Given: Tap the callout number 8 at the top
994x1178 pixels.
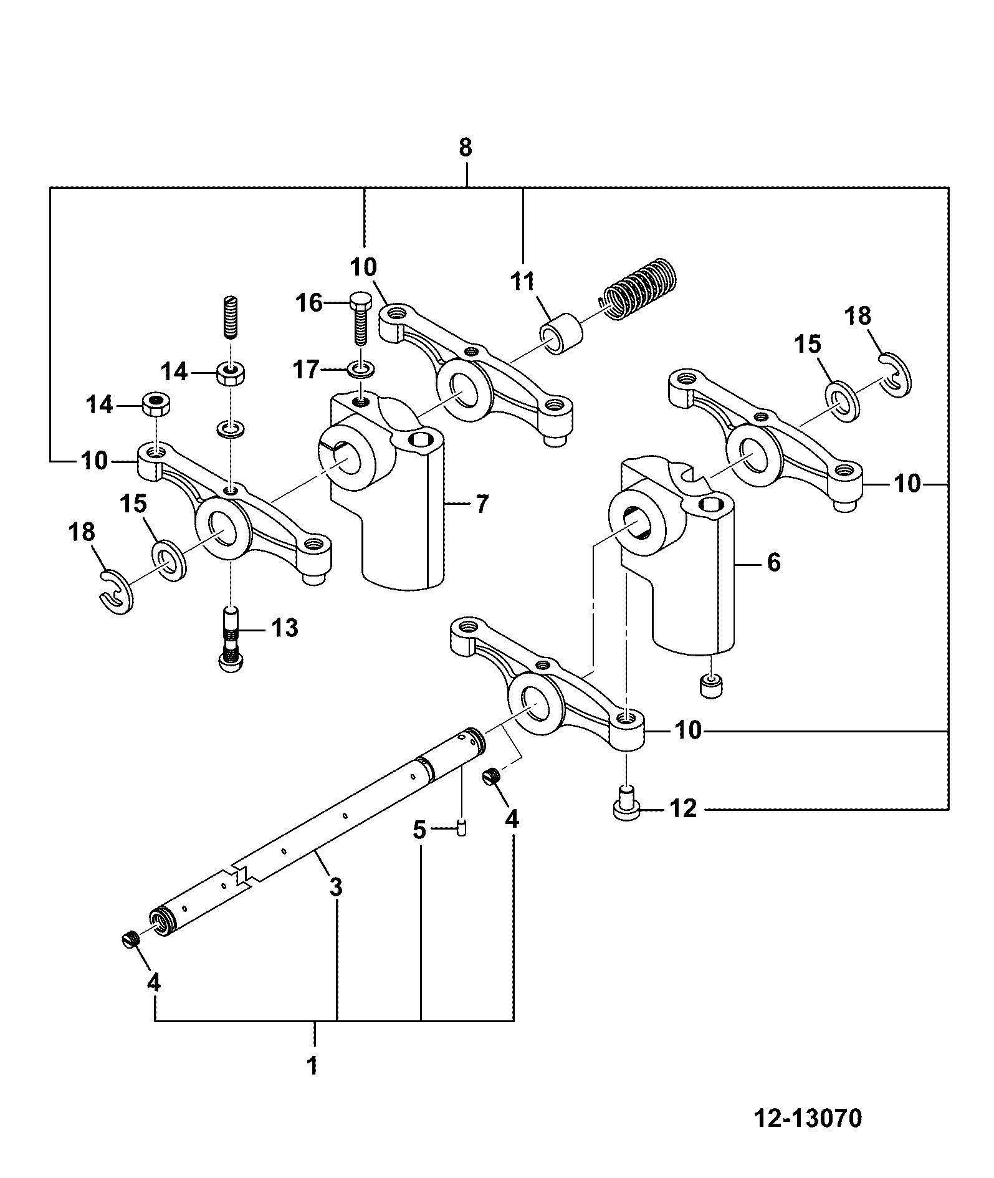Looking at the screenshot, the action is [465, 148].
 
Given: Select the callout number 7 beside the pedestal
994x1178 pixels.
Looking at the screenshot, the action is [482, 504].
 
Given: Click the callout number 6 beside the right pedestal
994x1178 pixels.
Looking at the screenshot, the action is [773, 563].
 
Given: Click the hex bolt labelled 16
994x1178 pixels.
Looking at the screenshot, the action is [358, 318].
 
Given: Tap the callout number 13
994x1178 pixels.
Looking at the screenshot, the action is [284, 628].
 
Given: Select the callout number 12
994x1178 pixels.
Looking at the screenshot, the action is [682, 808].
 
